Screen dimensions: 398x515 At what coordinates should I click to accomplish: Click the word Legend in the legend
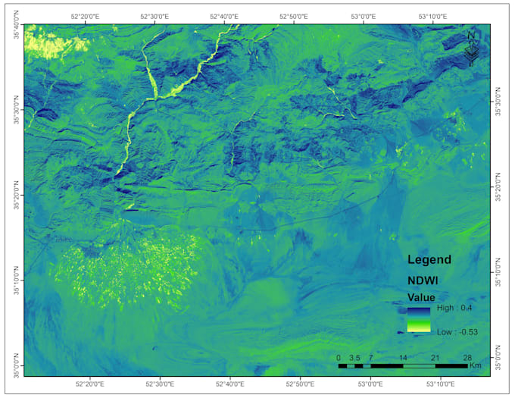click(x=429, y=259)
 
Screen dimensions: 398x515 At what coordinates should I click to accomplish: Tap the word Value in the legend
click(x=421, y=297)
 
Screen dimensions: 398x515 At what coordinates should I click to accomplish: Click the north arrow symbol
click(x=471, y=46)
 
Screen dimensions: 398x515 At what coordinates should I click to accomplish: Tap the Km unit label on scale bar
click(x=476, y=365)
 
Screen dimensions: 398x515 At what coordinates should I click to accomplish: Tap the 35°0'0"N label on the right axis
click(x=498, y=359)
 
